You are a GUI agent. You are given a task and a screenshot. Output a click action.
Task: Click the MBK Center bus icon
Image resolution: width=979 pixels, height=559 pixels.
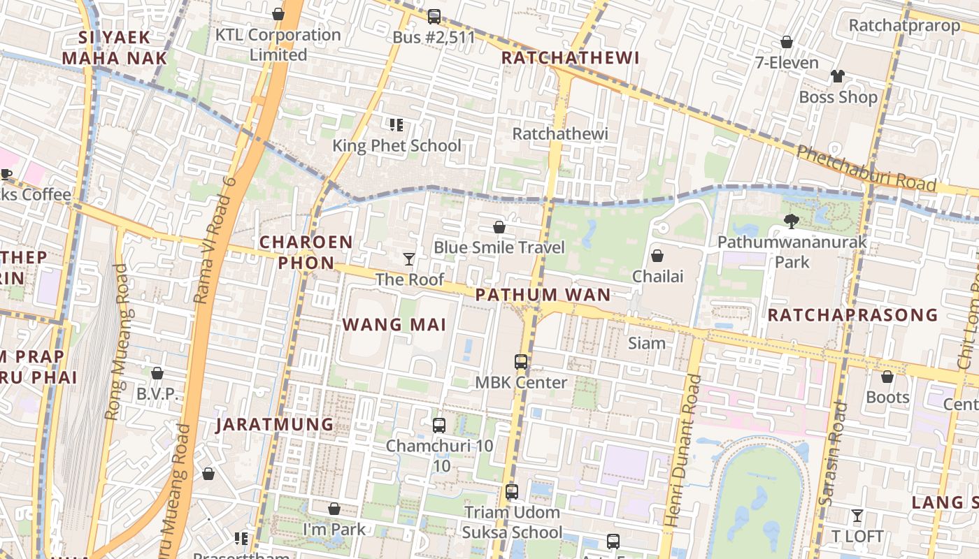click(521, 362)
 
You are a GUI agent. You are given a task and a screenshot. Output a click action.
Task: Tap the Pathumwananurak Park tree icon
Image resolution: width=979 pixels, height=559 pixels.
click(792, 222)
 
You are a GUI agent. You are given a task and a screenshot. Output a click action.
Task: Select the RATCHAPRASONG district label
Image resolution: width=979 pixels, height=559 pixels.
click(852, 315)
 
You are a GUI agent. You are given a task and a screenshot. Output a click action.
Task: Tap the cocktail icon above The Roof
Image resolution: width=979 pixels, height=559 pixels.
click(409, 259)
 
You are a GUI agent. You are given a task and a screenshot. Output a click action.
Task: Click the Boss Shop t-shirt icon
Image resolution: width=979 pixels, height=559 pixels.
click(837, 76)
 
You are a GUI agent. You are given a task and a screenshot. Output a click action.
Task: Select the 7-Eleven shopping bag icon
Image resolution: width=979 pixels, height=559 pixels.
click(787, 42)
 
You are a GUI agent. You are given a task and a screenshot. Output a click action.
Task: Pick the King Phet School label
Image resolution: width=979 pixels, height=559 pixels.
click(396, 145)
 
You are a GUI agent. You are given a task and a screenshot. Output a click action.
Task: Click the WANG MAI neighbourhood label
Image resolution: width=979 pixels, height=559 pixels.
click(394, 324)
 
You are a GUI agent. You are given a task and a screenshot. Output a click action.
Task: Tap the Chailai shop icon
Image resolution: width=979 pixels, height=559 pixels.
click(657, 256)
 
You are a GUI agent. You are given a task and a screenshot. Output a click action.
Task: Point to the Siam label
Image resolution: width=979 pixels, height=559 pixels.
click(647, 343)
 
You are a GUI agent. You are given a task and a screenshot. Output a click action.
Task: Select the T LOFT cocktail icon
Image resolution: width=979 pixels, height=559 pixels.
click(857, 516)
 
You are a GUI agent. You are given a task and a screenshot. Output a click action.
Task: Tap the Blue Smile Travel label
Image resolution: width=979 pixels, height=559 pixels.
click(499, 247)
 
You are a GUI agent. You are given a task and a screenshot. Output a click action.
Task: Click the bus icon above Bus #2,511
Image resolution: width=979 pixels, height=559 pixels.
click(434, 16)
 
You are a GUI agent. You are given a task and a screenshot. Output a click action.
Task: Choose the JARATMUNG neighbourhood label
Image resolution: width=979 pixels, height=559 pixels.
click(275, 424)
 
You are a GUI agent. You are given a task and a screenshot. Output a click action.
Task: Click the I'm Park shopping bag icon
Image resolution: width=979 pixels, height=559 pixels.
click(334, 509)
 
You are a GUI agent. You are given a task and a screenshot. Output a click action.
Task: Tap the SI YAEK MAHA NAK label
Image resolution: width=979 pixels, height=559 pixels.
click(114, 48)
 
